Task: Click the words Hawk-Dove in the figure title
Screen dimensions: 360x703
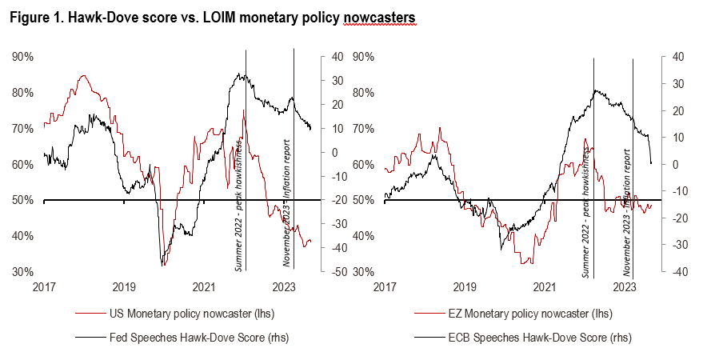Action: (x=94, y=17)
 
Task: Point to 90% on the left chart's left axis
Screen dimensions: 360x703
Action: (x=22, y=57)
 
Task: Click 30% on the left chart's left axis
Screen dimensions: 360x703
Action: (x=22, y=272)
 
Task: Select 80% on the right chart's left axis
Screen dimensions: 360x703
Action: (x=364, y=93)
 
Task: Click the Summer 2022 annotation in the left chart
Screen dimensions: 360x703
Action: (x=238, y=203)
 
